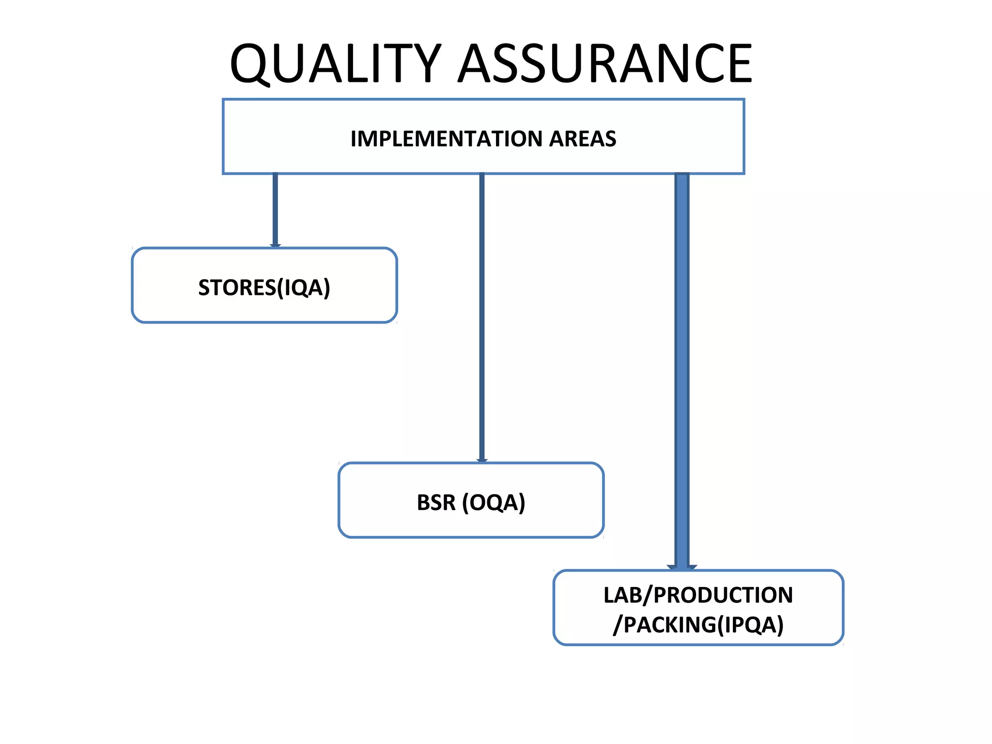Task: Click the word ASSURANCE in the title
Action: (x=605, y=64)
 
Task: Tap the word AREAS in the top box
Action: (x=583, y=139)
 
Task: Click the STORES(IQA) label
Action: (x=264, y=288)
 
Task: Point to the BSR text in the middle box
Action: (x=436, y=503)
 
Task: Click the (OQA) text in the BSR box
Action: (x=494, y=503)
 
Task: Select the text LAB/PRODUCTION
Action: (x=698, y=595)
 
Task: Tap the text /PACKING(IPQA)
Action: (x=698, y=625)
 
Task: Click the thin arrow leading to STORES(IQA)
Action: (x=275, y=208)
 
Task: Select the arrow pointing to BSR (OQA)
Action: (x=481, y=315)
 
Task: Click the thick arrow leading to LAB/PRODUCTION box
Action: (x=682, y=368)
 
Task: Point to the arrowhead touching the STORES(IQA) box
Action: (x=275, y=246)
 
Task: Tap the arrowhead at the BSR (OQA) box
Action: (x=481, y=460)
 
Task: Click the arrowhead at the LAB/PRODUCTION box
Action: (x=682, y=567)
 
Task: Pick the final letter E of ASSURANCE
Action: (x=737, y=64)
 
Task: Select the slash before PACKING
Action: (x=617, y=625)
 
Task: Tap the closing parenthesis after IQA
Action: (x=327, y=288)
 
